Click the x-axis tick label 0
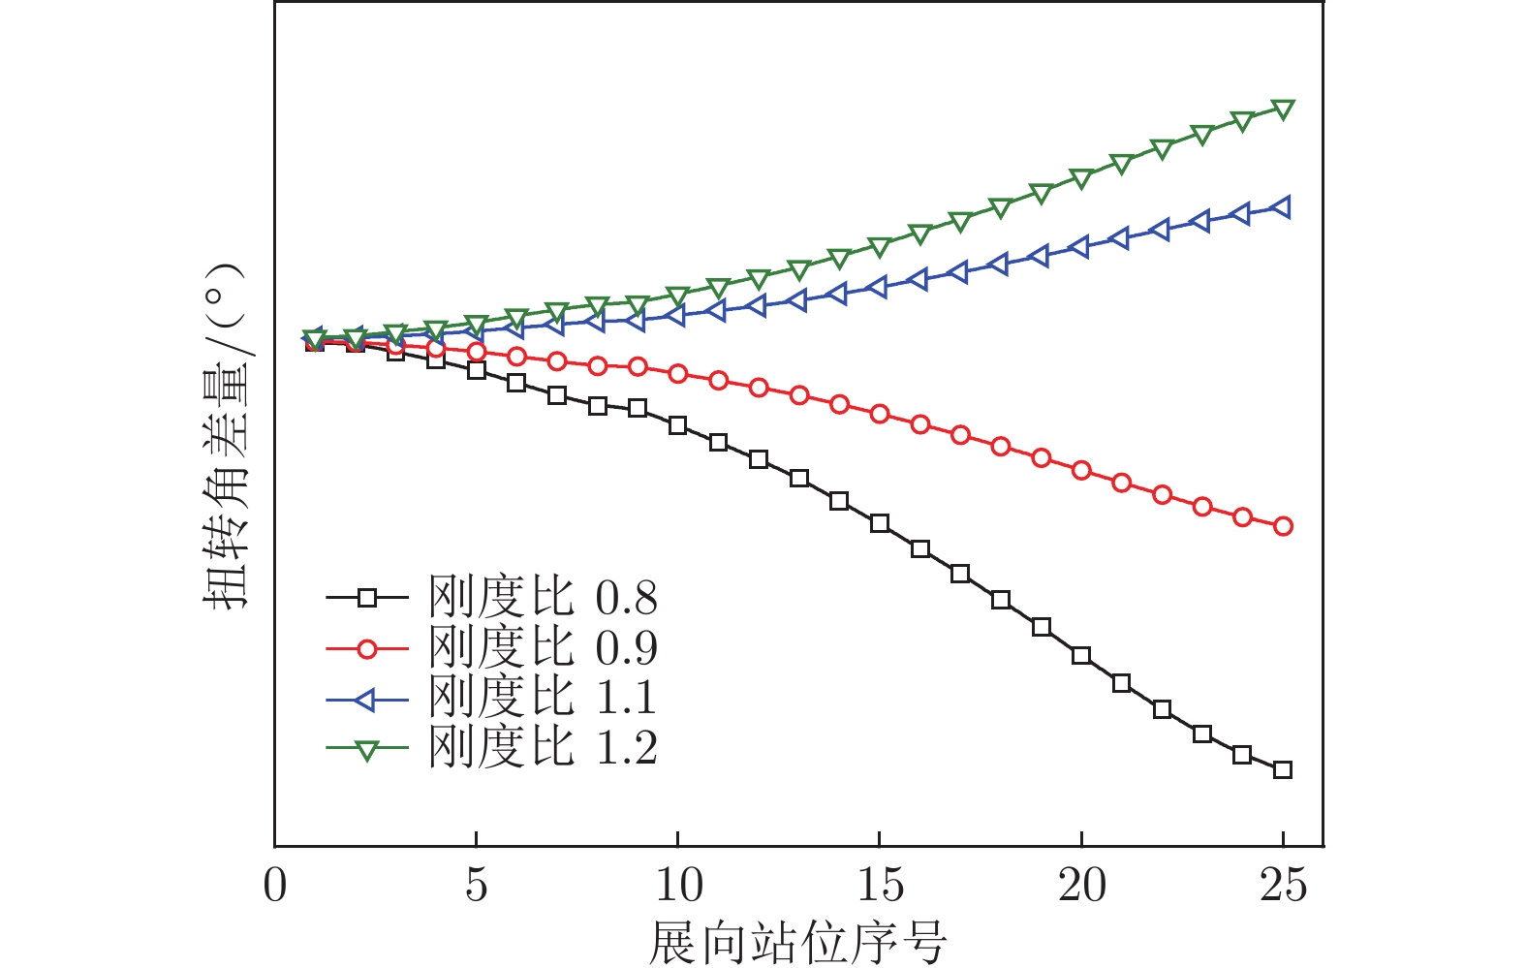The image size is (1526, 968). pyautogui.click(x=276, y=886)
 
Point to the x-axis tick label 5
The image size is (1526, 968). pyautogui.click(x=476, y=886)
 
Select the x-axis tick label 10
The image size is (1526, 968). pyautogui.click(x=678, y=886)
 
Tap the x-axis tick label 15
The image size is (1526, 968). pyautogui.click(x=880, y=886)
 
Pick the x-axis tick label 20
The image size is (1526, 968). pyautogui.click(x=1081, y=886)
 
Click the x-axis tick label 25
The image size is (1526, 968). pyautogui.click(x=1283, y=886)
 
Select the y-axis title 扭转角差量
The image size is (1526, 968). pyautogui.click(x=225, y=436)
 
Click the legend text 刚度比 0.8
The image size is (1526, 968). pyautogui.click(x=543, y=598)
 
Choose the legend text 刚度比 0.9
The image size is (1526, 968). pyautogui.click(x=543, y=648)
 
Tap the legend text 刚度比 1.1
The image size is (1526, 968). pyautogui.click(x=543, y=698)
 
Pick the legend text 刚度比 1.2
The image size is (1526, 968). pyautogui.click(x=543, y=748)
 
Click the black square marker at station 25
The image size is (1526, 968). pyautogui.click(x=1283, y=770)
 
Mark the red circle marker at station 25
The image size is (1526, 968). pyautogui.click(x=1283, y=526)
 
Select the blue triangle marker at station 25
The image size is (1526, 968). pyautogui.click(x=1282, y=207)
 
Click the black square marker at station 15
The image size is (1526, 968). pyautogui.click(x=880, y=523)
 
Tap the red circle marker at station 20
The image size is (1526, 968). pyautogui.click(x=1081, y=471)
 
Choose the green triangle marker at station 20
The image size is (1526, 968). pyautogui.click(x=1081, y=179)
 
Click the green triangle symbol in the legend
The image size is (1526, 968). pyautogui.click(x=366, y=749)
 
